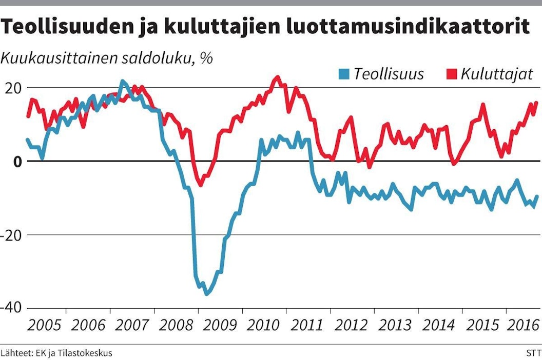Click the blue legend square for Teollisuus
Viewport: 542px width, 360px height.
point(343,74)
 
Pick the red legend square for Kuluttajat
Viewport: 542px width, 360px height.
point(451,74)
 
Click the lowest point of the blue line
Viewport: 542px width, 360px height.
point(207,294)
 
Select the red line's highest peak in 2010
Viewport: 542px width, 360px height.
point(277,77)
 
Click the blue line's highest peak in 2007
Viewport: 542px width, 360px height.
point(122,81)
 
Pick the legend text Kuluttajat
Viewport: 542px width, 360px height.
point(496,74)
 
